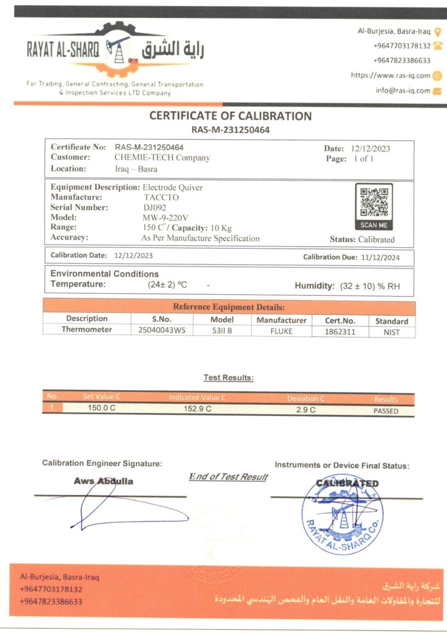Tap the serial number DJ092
coord(154,208)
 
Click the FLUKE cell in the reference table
coord(282,331)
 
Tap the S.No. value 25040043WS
coord(162,331)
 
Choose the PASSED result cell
coord(386,410)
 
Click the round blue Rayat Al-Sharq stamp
coord(342,514)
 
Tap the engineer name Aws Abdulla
coord(103,481)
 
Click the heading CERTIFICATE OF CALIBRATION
coord(230,116)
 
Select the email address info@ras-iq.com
coord(403,90)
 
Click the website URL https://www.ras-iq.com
coord(390,75)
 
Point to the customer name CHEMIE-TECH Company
coord(162,158)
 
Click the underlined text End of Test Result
coord(228,477)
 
